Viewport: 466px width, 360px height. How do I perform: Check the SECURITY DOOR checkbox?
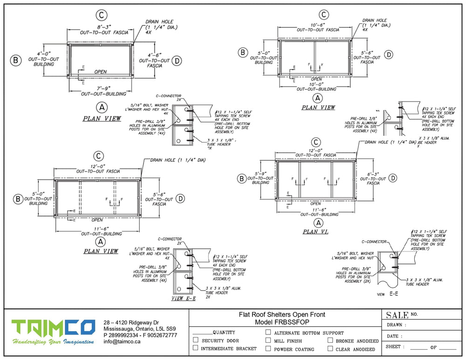196,340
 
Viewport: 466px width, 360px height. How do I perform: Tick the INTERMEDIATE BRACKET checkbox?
196,348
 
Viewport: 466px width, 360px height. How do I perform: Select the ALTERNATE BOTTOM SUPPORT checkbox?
268,333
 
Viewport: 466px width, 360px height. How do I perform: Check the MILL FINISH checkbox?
268,340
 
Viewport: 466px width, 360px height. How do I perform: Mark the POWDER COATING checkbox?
268,348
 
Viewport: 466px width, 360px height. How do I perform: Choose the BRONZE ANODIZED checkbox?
330,340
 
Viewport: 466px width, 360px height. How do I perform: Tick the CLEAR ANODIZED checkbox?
330,348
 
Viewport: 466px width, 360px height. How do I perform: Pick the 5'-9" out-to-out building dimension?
260,173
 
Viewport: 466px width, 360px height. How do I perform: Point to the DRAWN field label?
396,325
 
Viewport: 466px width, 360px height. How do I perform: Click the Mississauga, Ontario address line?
139,329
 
